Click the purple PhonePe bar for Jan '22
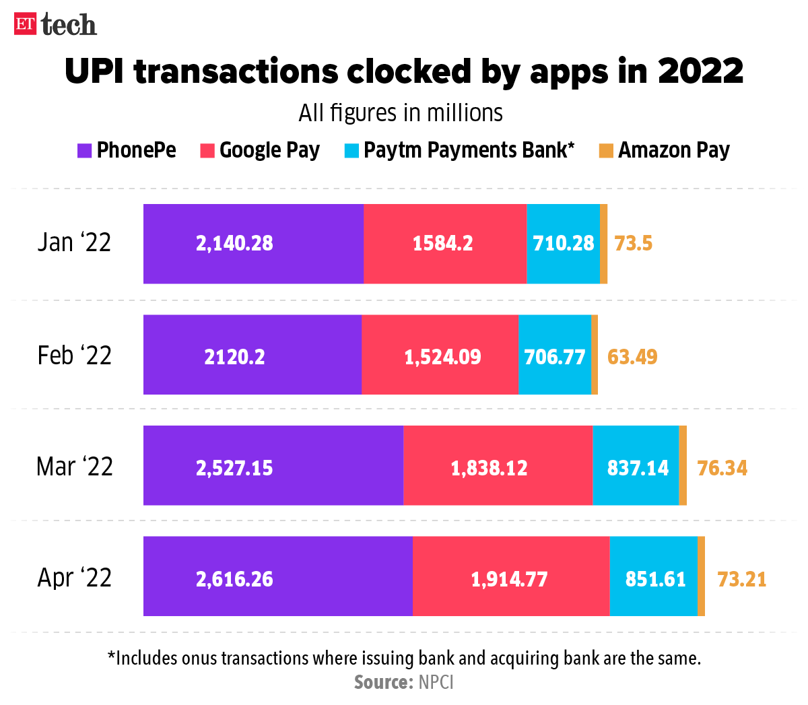(x=253, y=244)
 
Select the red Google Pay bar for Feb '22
(x=440, y=355)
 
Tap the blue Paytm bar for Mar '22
(x=636, y=465)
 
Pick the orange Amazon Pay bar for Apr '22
(x=701, y=576)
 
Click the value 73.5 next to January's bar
(x=633, y=243)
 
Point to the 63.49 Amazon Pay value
(x=632, y=356)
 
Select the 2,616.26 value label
(x=234, y=579)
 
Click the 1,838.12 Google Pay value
(x=489, y=468)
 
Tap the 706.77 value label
(x=554, y=357)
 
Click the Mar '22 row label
(x=75, y=467)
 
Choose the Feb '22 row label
(x=75, y=356)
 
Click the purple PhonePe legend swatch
(x=84, y=150)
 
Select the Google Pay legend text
(x=269, y=150)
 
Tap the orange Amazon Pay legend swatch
(x=606, y=150)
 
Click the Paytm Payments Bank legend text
(x=469, y=150)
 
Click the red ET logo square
(x=25, y=24)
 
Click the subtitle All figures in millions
(x=401, y=113)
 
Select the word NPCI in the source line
(x=436, y=682)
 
